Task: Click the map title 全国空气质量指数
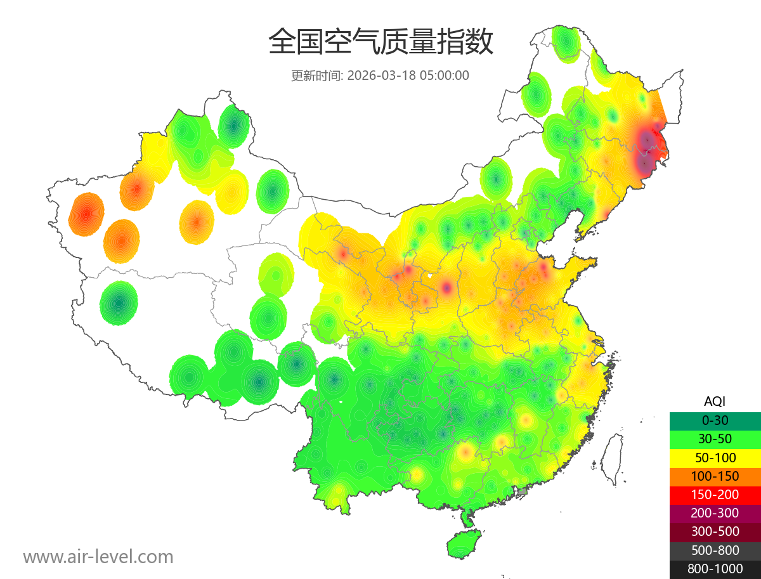click(380, 42)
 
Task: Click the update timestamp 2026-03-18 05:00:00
click(408, 75)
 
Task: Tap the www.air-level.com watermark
click(98, 557)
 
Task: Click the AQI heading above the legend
click(715, 401)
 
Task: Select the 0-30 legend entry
click(715, 420)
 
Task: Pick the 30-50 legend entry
click(715, 438)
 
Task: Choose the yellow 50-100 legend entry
click(715, 457)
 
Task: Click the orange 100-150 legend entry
click(715, 476)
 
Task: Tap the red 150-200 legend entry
click(715, 494)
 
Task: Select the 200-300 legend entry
click(715, 512)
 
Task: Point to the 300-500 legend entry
click(715, 531)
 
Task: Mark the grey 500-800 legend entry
click(715, 550)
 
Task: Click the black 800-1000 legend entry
click(715, 569)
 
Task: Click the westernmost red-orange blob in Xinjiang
click(86, 214)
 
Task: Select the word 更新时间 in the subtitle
click(316, 75)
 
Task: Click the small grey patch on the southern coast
click(523, 491)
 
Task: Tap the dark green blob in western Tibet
click(119, 303)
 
